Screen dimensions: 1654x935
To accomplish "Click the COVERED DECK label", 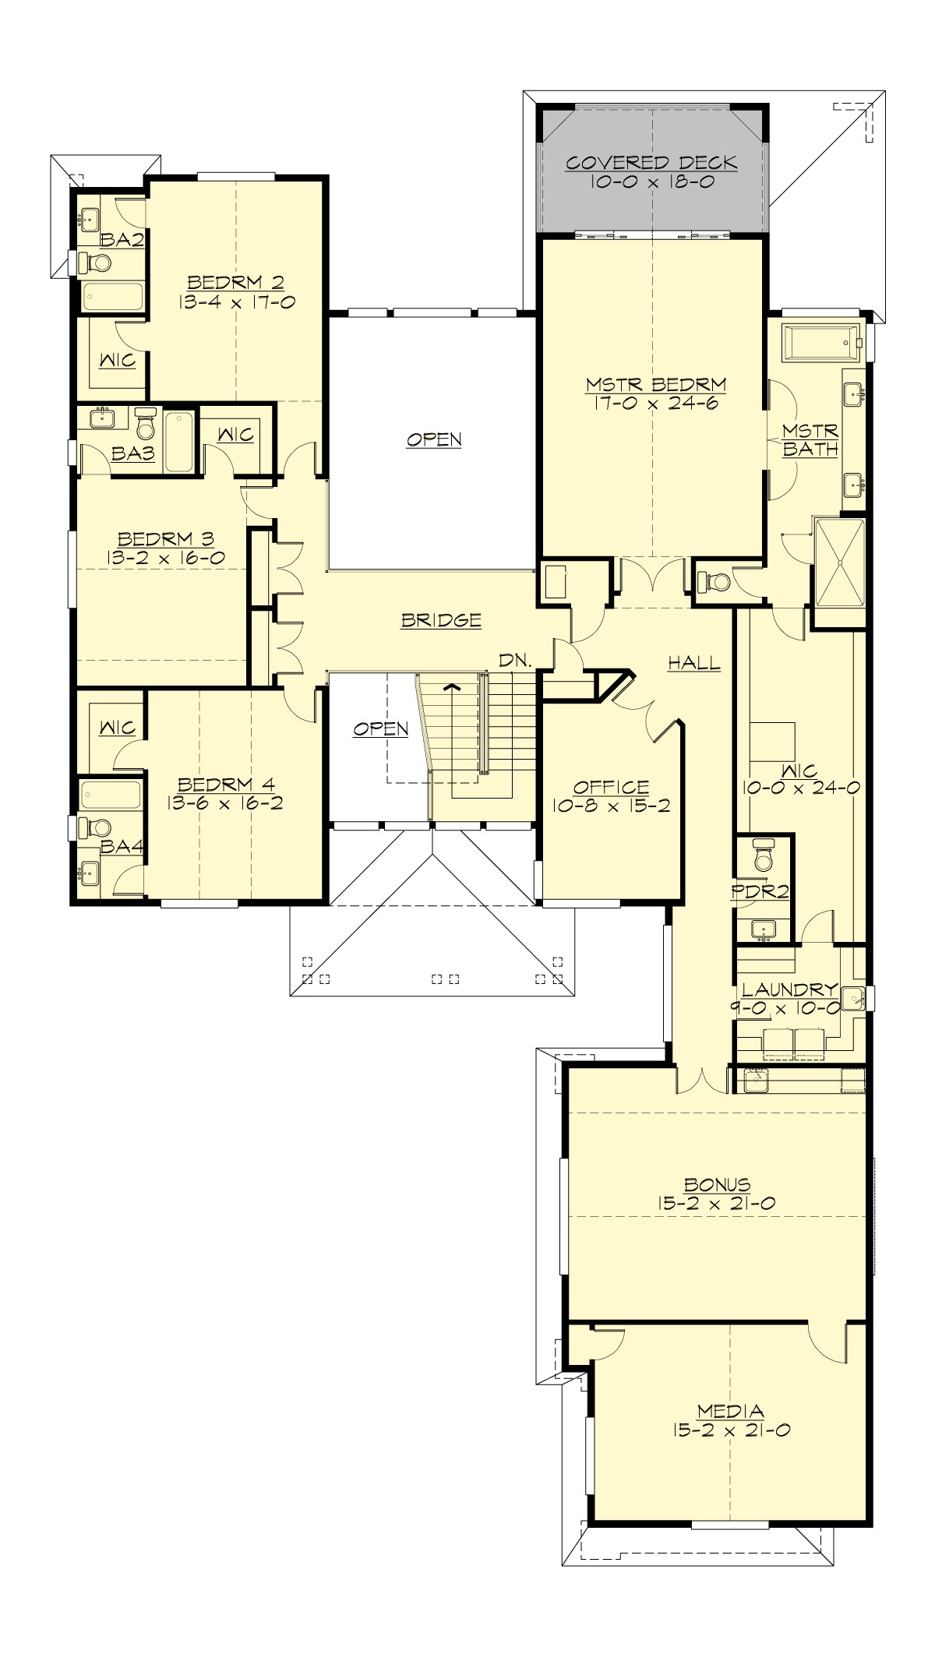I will pos(651,163).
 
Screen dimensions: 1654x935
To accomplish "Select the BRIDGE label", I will pos(441,620).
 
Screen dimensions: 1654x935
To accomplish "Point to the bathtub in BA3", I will pos(178,442).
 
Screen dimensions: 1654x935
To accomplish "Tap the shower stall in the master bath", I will pos(839,563).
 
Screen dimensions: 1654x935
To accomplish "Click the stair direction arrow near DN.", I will pos(450,687).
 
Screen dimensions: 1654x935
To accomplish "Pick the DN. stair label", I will pos(515,661).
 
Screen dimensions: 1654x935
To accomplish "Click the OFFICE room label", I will pos(611,788).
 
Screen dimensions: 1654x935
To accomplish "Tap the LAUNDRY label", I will pos(789,990).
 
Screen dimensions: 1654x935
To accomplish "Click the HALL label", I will pos(694,664).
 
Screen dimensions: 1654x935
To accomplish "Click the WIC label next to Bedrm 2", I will pos(118,360).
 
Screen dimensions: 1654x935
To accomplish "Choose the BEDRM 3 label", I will pos(165,539).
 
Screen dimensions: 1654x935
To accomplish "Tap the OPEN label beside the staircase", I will pos(380,728).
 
